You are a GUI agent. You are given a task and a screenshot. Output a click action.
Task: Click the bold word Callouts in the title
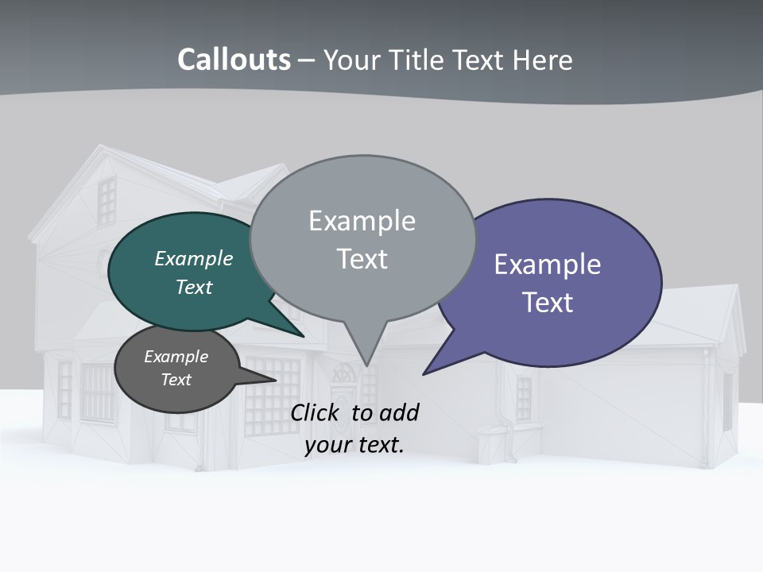234,60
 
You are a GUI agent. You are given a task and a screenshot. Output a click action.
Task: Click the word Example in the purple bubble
548,264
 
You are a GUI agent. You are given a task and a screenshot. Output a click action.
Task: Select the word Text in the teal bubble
194,287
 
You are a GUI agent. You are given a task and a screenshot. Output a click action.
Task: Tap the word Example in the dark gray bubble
176,357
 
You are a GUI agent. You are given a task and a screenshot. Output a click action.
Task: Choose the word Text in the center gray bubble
362,259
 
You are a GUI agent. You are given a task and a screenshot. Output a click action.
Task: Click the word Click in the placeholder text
316,412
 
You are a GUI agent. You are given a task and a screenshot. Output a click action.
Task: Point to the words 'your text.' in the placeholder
354,445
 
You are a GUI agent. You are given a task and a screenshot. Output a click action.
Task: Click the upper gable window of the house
107,199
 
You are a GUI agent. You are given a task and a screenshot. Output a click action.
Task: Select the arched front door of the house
345,397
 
